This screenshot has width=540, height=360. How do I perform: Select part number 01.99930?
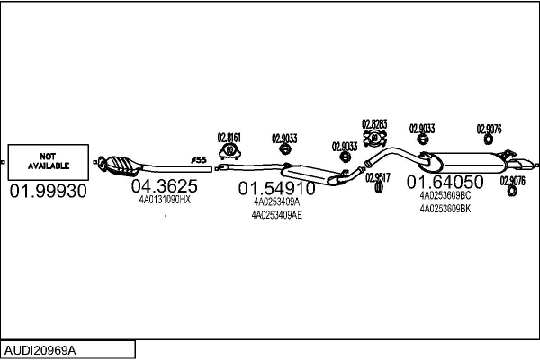coord(49,192)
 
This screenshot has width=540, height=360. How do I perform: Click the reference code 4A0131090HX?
coord(164,200)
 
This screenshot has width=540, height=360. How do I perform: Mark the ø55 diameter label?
coord(199,160)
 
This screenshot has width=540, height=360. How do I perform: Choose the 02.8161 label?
coord(229,138)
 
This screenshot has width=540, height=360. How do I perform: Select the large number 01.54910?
coord(276,189)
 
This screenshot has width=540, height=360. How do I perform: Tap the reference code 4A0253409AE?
coord(276,214)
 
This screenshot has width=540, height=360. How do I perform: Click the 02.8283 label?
coord(374,124)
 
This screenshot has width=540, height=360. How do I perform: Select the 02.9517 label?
coord(378,177)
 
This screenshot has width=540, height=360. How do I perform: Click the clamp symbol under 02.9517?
coord(378,188)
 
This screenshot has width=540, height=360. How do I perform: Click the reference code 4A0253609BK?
coord(445,208)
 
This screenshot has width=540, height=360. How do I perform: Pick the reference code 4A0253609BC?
coord(445,194)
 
